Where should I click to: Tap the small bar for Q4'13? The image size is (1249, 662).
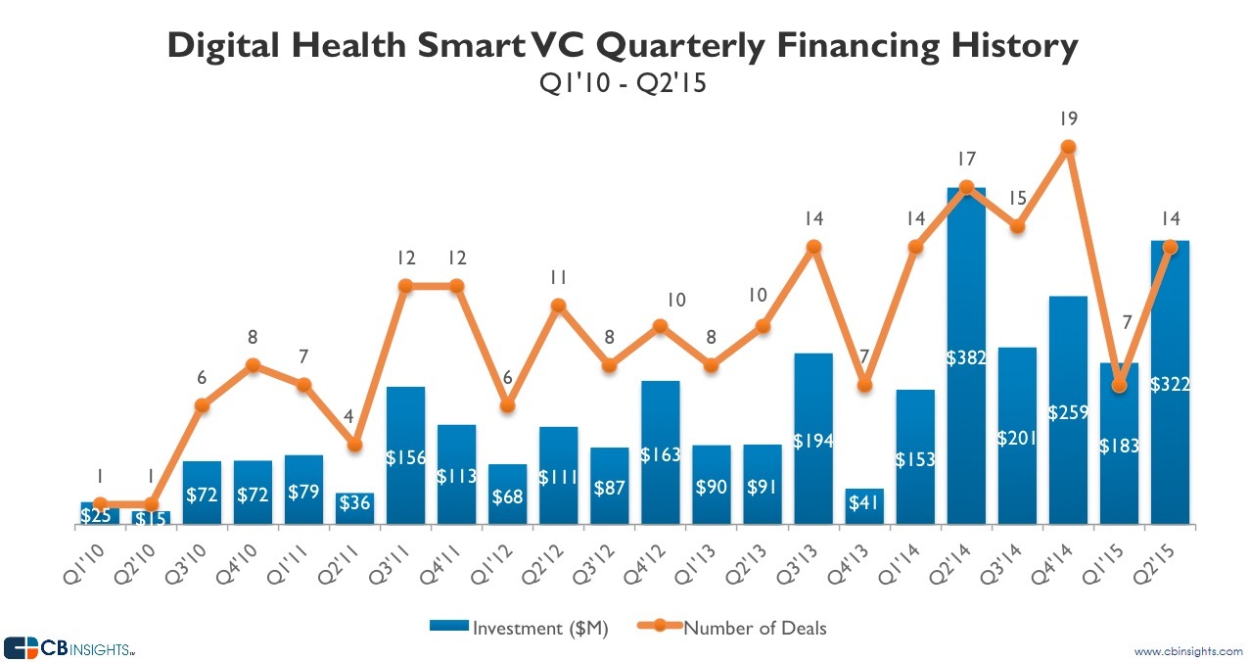coord(864,505)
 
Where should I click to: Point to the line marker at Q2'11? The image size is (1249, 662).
coord(354,445)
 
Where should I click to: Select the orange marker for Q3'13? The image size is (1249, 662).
coord(812,247)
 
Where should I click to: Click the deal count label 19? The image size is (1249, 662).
coord(1068,119)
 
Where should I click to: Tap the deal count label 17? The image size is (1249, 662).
coord(966,159)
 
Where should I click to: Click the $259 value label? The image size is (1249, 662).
coord(1068,412)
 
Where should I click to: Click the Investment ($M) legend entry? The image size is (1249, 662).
coord(519,628)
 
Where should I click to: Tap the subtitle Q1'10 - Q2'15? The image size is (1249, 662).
coord(624,85)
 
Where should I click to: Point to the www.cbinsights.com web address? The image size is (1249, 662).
coord(1187,651)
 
